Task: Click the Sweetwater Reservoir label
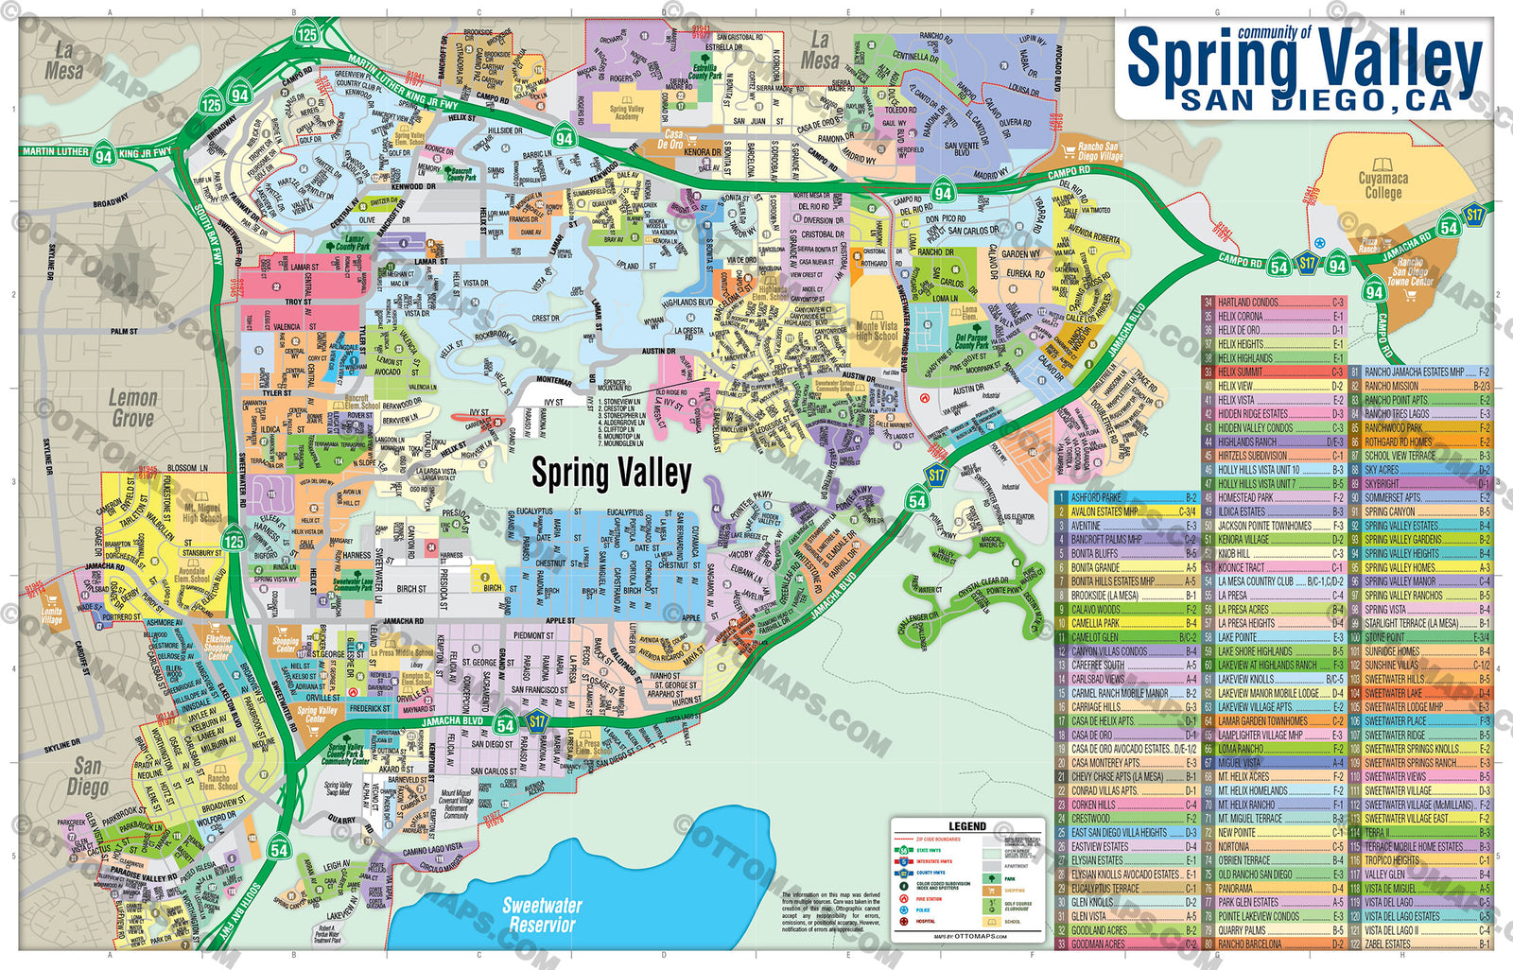(x=542, y=914)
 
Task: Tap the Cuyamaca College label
(x=1383, y=185)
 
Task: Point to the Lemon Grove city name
(x=132, y=407)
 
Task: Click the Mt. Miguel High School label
(x=201, y=512)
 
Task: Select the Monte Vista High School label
(x=877, y=330)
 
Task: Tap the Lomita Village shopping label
(x=52, y=615)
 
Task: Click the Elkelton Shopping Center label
(x=218, y=647)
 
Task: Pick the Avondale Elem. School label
(x=192, y=575)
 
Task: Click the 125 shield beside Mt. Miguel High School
(x=234, y=541)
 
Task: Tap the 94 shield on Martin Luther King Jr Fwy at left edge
(x=103, y=156)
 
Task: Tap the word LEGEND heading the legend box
(x=966, y=826)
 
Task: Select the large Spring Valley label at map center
(x=611, y=473)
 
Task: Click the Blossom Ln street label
(x=187, y=468)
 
